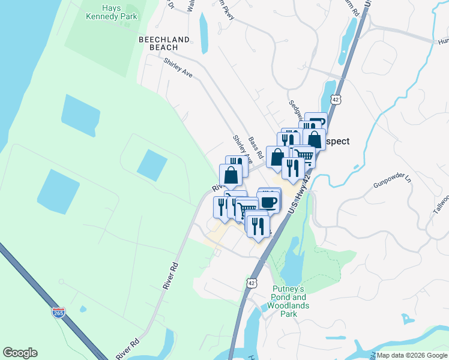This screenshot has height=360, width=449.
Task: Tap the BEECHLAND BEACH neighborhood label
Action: pos(164,43)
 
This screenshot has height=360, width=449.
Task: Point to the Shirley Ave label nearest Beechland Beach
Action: pos(178,68)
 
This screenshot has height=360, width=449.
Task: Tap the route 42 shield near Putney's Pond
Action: pos(252,282)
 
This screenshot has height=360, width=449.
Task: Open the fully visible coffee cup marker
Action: pos(270,201)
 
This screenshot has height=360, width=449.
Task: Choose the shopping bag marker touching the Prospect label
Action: pos(315,139)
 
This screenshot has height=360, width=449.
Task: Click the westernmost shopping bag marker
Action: pos(231,175)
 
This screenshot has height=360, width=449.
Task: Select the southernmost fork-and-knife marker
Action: pos(258,225)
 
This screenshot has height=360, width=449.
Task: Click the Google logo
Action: pos(20,353)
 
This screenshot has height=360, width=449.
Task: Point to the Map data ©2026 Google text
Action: pos(412,355)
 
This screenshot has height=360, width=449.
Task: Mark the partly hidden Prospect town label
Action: pos(337,142)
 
